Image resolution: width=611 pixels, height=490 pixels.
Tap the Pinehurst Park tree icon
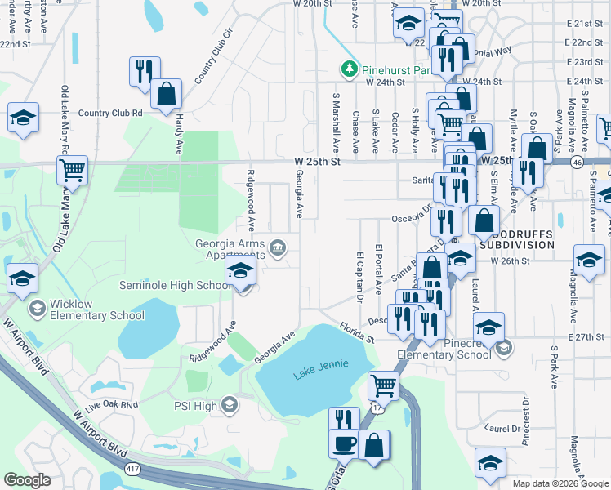[x=350, y=69]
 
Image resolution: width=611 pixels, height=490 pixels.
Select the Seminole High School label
[x=175, y=286]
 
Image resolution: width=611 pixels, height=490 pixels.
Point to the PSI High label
[x=194, y=405]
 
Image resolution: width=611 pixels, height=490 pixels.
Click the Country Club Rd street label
[x=110, y=114]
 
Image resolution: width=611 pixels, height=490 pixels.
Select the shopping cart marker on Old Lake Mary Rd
[x=72, y=171]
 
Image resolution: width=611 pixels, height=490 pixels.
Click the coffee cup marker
[x=342, y=444]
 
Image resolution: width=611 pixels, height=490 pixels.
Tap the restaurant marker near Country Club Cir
[x=144, y=70]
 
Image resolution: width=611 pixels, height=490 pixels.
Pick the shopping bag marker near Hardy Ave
[x=166, y=93]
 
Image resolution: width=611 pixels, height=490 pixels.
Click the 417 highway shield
[x=132, y=468]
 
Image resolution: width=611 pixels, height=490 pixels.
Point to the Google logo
[x=27, y=480]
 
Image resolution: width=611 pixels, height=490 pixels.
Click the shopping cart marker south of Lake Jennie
[x=383, y=384]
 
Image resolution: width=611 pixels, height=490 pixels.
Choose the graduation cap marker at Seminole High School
[x=241, y=272]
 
